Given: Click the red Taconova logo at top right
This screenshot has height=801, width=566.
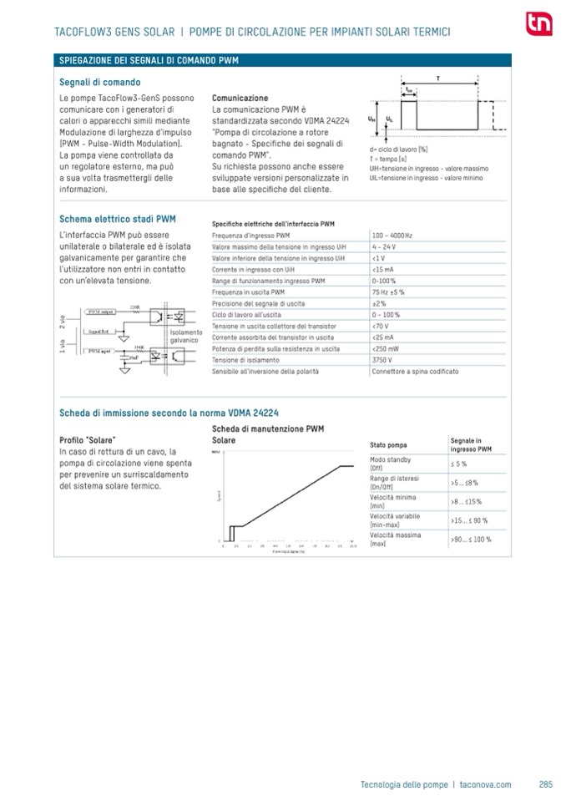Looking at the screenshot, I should click(538, 25).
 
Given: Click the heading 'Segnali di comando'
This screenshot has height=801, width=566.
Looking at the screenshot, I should click(99, 82).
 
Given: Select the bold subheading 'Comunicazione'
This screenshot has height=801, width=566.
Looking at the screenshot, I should click(240, 98).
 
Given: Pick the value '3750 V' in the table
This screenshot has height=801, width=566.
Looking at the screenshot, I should click(383, 359).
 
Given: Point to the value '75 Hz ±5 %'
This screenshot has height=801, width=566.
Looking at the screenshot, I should click(388, 292).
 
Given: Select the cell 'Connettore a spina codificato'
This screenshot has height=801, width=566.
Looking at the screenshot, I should click(412, 371).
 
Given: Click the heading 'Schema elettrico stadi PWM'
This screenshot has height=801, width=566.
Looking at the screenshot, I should click(118, 218).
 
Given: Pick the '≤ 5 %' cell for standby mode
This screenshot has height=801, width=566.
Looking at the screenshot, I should click(458, 464).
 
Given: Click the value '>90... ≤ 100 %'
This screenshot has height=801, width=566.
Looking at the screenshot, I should click(471, 540).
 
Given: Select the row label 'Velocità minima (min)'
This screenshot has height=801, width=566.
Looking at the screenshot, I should click(388, 501).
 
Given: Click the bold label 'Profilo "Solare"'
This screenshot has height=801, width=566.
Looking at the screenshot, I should click(88, 439).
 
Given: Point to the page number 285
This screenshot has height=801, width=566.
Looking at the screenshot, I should click(546, 784).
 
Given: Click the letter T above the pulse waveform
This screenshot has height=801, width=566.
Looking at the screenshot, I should click(438, 77).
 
